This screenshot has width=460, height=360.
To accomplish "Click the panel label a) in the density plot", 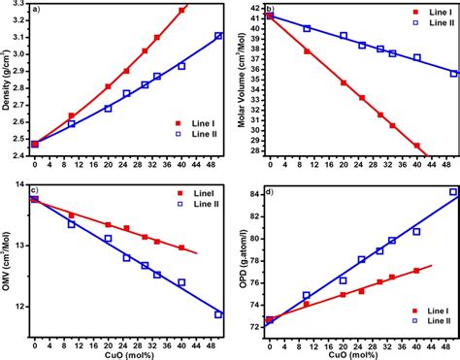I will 37,11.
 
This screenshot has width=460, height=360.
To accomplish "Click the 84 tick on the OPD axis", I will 255,194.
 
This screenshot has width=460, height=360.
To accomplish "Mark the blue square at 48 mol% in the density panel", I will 218,36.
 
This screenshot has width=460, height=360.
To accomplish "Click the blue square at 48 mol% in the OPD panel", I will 452,192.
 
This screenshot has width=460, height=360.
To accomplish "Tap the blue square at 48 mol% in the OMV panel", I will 218,314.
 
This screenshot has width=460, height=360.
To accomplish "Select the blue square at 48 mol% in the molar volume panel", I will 452,73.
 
